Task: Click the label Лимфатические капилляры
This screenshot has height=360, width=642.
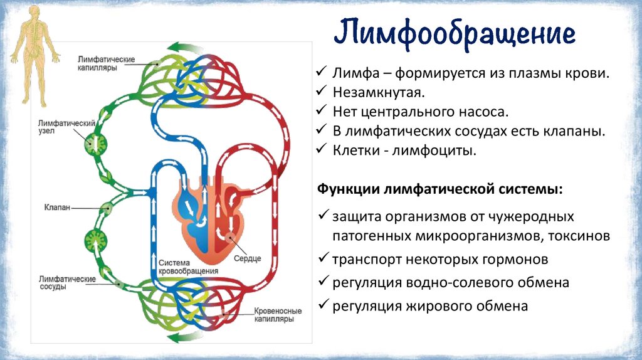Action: [106, 63]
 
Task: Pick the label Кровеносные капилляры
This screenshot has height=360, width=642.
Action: [278, 315]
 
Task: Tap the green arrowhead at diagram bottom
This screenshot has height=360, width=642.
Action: [181, 338]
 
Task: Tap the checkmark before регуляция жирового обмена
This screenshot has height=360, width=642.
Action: [324, 305]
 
